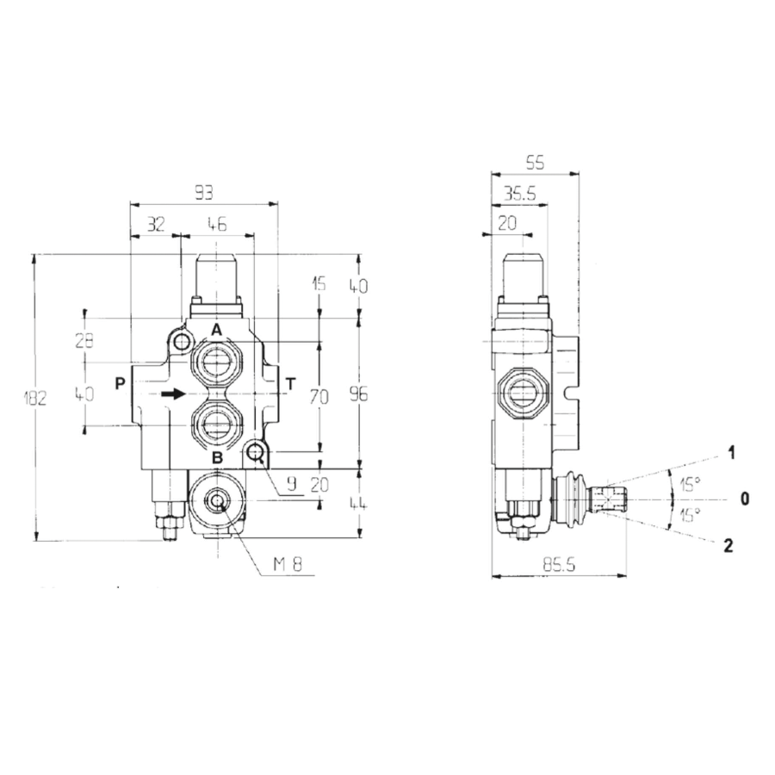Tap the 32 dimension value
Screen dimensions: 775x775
point(155,224)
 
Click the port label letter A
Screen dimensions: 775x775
point(217,330)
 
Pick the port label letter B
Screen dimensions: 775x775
point(217,457)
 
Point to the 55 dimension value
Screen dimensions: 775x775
point(535,162)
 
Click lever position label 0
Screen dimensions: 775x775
point(746,498)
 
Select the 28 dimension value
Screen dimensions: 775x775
point(84,339)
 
